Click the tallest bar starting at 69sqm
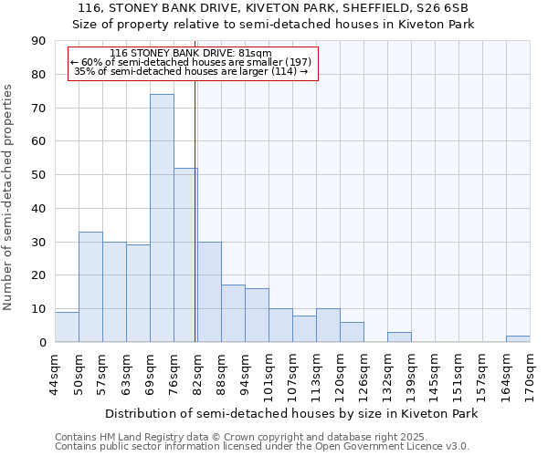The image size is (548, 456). click(x=162, y=218)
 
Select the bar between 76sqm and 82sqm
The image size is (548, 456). click(x=185, y=254)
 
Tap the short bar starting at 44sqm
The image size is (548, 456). click(x=67, y=327)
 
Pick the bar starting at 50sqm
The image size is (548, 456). click(x=90, y=286)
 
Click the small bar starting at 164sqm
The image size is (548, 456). click(x=518, y=338)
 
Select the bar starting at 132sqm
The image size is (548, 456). click(x=399, y=337)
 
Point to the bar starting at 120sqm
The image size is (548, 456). click(x=352, y=332)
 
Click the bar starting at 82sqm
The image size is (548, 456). click(x=209, y=292)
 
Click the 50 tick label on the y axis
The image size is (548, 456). click(x=39, y=175)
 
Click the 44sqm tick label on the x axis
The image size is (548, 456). click(x=56, y=375)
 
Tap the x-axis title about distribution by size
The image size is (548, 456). click(x=292, y=413)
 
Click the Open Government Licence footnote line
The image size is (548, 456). click(x=262, y=446)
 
